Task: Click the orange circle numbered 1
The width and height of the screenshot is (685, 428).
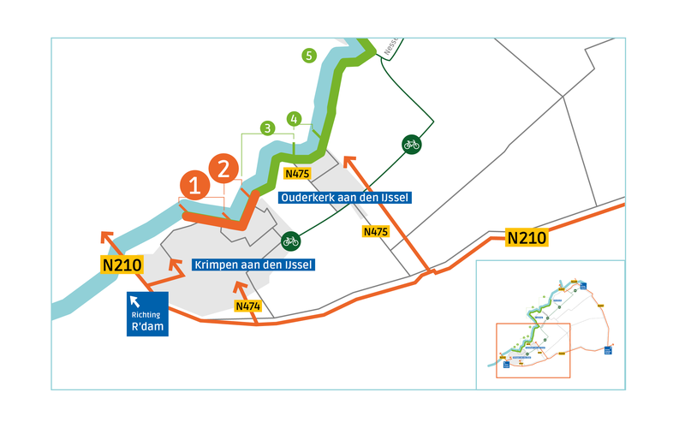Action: [195, 186]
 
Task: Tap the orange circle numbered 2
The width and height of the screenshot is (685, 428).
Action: [224, 167]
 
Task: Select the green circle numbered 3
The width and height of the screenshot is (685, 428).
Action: [268, 128]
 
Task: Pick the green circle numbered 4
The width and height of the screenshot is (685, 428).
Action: [295, 118]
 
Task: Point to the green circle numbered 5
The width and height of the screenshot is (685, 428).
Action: [309, 56]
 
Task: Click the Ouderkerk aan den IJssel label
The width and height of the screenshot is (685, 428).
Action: [344, 198]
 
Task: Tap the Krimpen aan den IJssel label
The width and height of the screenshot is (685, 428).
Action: [253, 265]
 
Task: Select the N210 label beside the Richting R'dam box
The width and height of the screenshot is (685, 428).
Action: [122, 265]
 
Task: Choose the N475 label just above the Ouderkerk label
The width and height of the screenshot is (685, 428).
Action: [297, 174]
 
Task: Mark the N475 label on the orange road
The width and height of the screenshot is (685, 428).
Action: [376, 231]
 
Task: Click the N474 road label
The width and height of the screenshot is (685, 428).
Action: [247, 306]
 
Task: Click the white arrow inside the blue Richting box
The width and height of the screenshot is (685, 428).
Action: [134, 300]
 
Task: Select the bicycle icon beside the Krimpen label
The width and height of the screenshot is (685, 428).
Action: [290, 241]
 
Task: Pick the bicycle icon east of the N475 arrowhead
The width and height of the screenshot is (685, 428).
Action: [411, 144]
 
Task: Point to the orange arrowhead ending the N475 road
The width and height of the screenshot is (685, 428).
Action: [347, 159]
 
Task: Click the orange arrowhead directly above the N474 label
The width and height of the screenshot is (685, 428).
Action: [241, 285]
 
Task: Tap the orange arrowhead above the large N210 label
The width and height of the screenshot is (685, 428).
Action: [106, 235]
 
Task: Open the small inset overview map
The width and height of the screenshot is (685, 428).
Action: [550, 324]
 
